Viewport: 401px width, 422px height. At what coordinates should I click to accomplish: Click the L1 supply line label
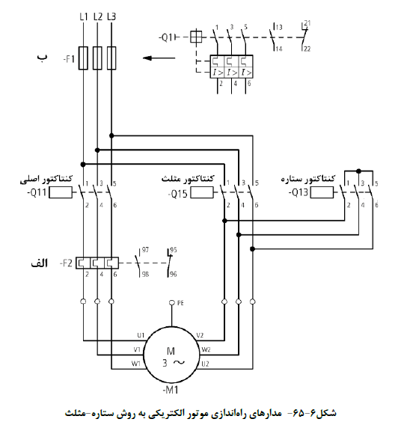(x=84, y=16)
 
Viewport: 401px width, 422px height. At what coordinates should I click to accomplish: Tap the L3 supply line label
(x=111, y=16)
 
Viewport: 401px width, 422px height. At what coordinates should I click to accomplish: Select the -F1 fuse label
(x=69, y=59)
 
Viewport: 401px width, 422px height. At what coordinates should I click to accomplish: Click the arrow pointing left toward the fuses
(x=159, y=58)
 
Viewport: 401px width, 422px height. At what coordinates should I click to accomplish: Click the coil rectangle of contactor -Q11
(x=61, y=193)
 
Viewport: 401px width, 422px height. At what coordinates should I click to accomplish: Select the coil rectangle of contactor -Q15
(x=202, y=193)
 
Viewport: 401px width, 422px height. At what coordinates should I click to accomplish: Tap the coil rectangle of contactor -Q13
(x=322, y=193)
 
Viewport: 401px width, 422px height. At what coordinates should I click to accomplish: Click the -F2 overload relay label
(x=66, y=263)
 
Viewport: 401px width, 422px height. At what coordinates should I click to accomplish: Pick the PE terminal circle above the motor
(x=172, y=303)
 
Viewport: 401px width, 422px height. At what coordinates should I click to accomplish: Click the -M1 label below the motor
(x=171, y=390)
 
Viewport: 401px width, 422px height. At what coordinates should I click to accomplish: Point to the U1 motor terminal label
(x=141, y=335)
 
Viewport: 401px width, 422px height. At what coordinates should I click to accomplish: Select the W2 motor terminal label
(x=206, y=349)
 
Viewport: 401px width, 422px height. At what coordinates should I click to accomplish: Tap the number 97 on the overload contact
(x=145, y=250)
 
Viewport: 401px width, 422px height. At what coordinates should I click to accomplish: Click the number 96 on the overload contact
(x=174, y=275)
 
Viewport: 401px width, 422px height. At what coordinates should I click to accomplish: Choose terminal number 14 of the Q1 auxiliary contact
(x=279, y=49)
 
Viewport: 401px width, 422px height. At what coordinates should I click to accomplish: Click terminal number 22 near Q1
(x=307, y=49)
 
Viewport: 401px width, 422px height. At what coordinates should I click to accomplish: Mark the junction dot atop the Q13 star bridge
(x=358, y=171)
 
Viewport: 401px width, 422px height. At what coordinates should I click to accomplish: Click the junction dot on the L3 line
(x=111, y=135)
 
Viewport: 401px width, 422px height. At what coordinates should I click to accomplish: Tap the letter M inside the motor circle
(x=171, y=351)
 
